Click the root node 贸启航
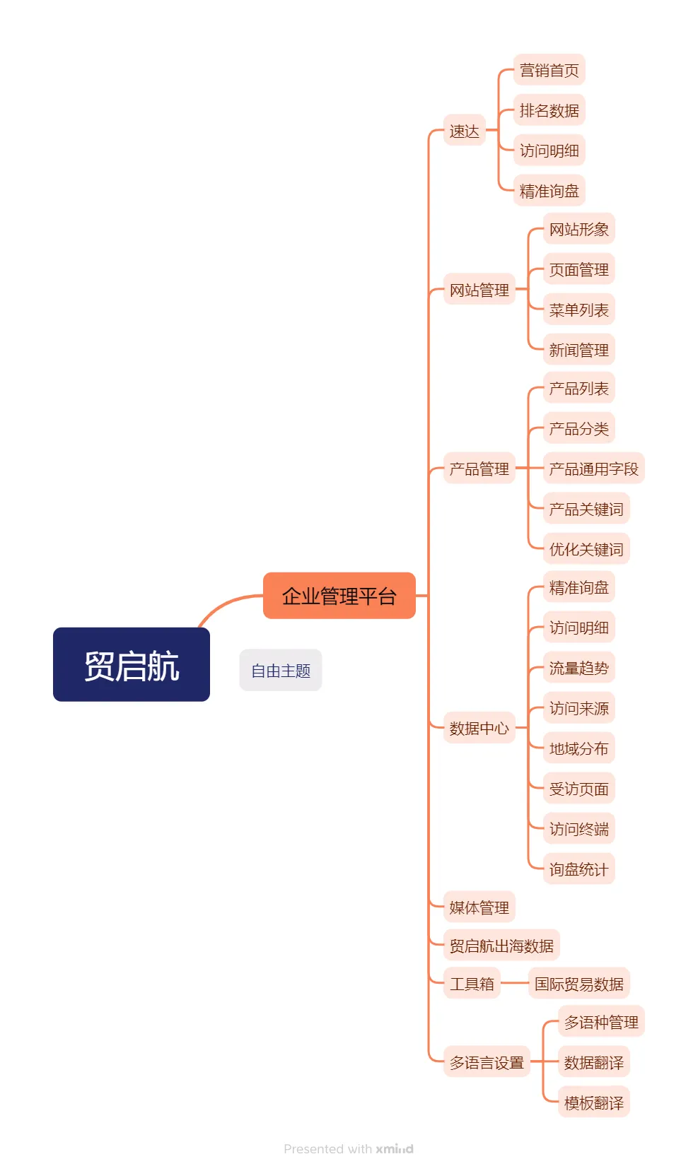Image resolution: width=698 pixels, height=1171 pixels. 132,664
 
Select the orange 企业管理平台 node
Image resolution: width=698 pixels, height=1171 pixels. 339,596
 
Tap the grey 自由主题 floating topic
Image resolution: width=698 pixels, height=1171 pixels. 281,670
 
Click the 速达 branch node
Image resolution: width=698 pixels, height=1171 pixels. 464,131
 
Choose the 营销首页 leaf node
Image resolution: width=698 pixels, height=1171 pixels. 549,70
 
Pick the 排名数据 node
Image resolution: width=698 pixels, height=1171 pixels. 549,110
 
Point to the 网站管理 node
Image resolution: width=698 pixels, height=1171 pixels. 479,290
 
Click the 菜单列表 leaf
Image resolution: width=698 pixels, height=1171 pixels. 578,310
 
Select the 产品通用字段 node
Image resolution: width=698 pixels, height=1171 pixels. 593,469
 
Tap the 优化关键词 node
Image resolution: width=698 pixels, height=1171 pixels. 586,549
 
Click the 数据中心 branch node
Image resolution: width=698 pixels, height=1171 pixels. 479,728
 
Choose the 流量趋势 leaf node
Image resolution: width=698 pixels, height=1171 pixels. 578,668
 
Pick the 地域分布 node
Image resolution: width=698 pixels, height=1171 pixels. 578,748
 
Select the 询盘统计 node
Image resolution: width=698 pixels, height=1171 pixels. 578,869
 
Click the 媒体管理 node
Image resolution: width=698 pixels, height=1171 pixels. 479,907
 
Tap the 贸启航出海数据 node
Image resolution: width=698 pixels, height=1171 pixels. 501,946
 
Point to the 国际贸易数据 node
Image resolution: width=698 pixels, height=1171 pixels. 578,984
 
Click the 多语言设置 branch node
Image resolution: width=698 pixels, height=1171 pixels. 487,1062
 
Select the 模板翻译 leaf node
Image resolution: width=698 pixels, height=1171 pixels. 593,1102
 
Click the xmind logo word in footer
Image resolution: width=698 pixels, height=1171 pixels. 395,1149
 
